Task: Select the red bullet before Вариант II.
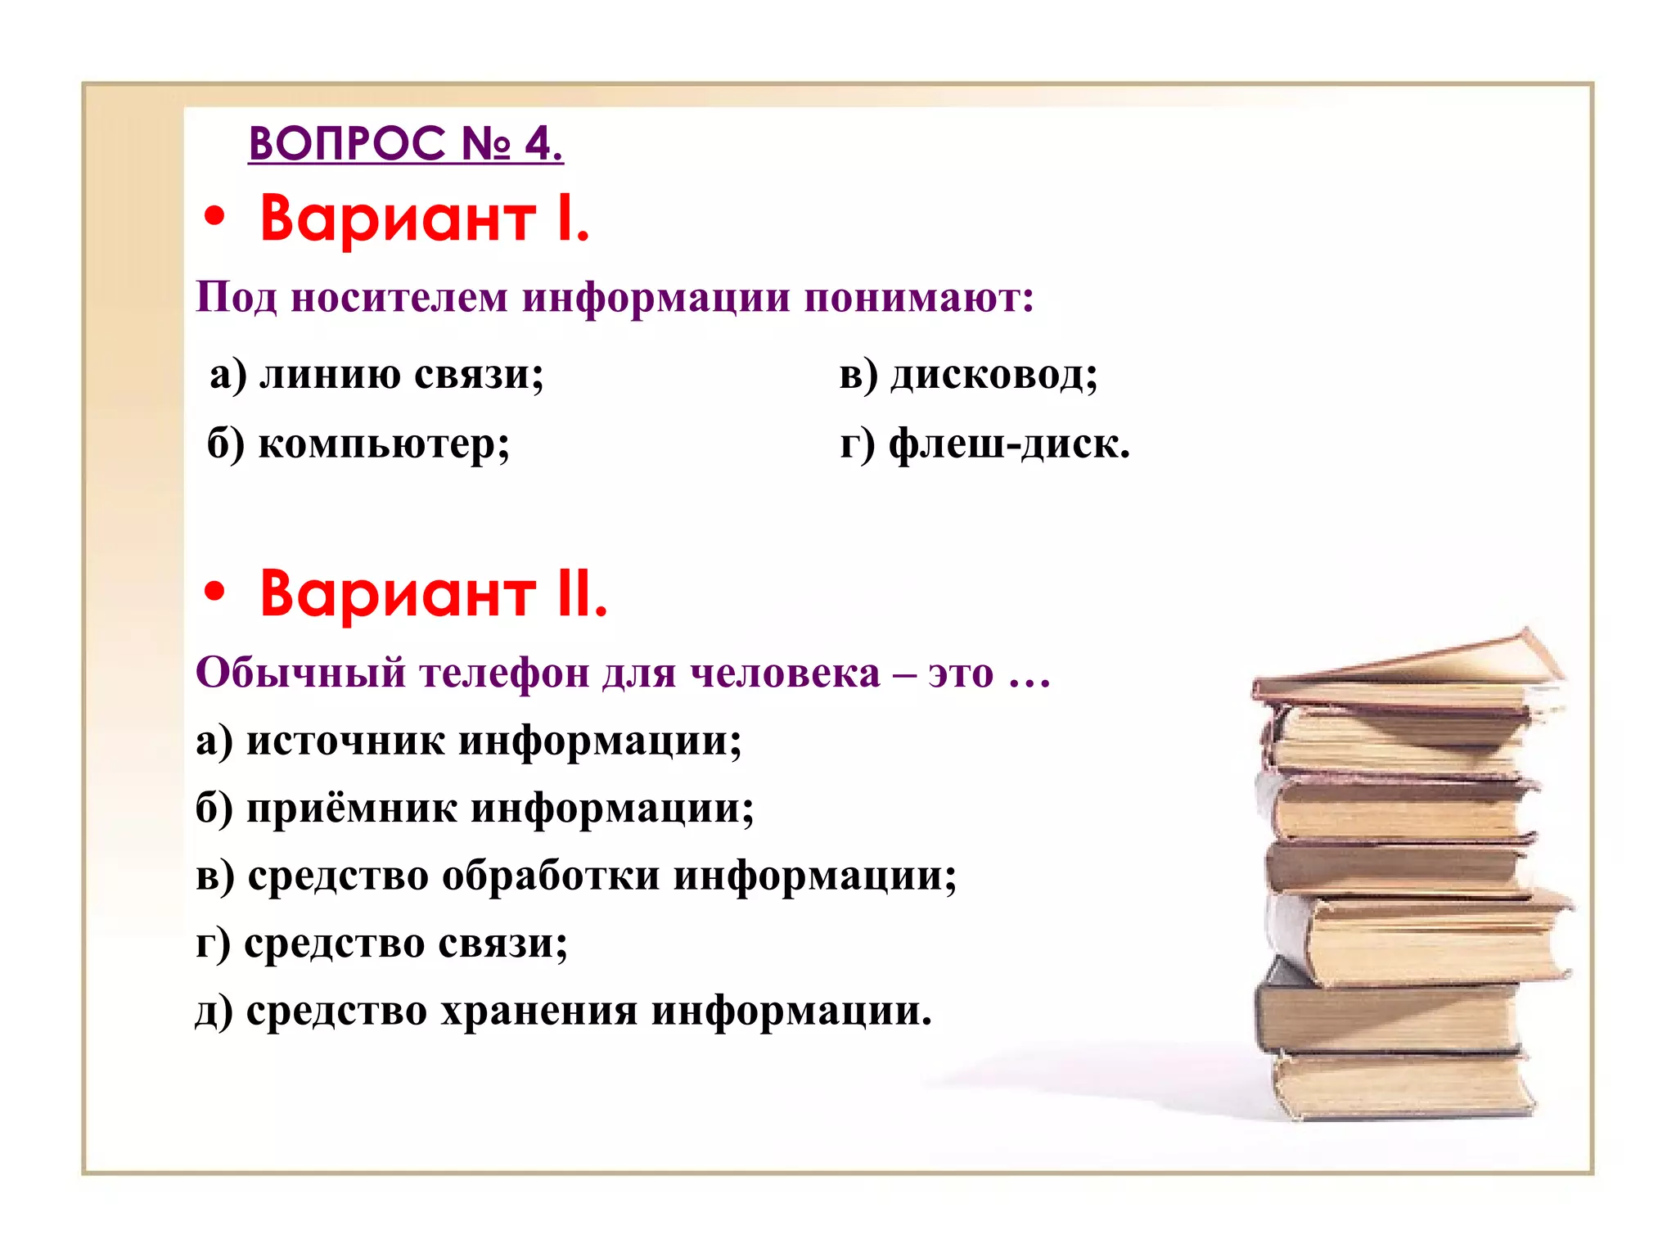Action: coord(214,593)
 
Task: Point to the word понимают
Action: coord(918,299)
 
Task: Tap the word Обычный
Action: coord(300,673)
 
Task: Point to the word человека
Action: coord(785,673)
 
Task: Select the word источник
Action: coord(345,741)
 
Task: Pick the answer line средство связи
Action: coord(382,944)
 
